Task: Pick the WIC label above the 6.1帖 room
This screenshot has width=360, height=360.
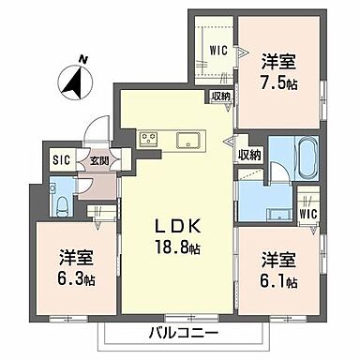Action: click(x=308, y=214)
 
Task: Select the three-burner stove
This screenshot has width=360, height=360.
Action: click(x=150, y=140)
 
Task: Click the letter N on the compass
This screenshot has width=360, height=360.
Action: click(x=84, y=59)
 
